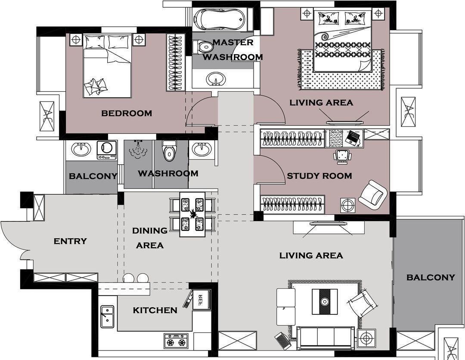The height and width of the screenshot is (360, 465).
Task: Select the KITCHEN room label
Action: pos(155,310)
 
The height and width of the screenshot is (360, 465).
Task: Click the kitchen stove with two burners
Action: pos(176,341)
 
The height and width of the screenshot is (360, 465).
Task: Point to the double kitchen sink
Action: pos(107,317)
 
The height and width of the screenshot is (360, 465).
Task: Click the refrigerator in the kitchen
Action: pos(201,299)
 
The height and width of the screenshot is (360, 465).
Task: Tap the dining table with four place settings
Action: pos(192,215)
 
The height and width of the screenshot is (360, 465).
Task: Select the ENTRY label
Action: pos(70,241)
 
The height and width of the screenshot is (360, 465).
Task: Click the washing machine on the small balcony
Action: pos(107,150)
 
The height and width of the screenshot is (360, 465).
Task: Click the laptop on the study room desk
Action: pos(353,138)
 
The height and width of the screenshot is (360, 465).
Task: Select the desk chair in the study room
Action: pos(343,156)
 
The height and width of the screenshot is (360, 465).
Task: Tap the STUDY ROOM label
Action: pos(319,176)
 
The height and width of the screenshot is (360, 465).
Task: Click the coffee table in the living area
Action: pos(325,302)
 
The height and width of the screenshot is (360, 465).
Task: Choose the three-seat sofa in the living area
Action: pos(326,338)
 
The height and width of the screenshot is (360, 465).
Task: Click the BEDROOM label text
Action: pos(127,113)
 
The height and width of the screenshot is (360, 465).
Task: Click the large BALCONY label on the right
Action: pos(431,277)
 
